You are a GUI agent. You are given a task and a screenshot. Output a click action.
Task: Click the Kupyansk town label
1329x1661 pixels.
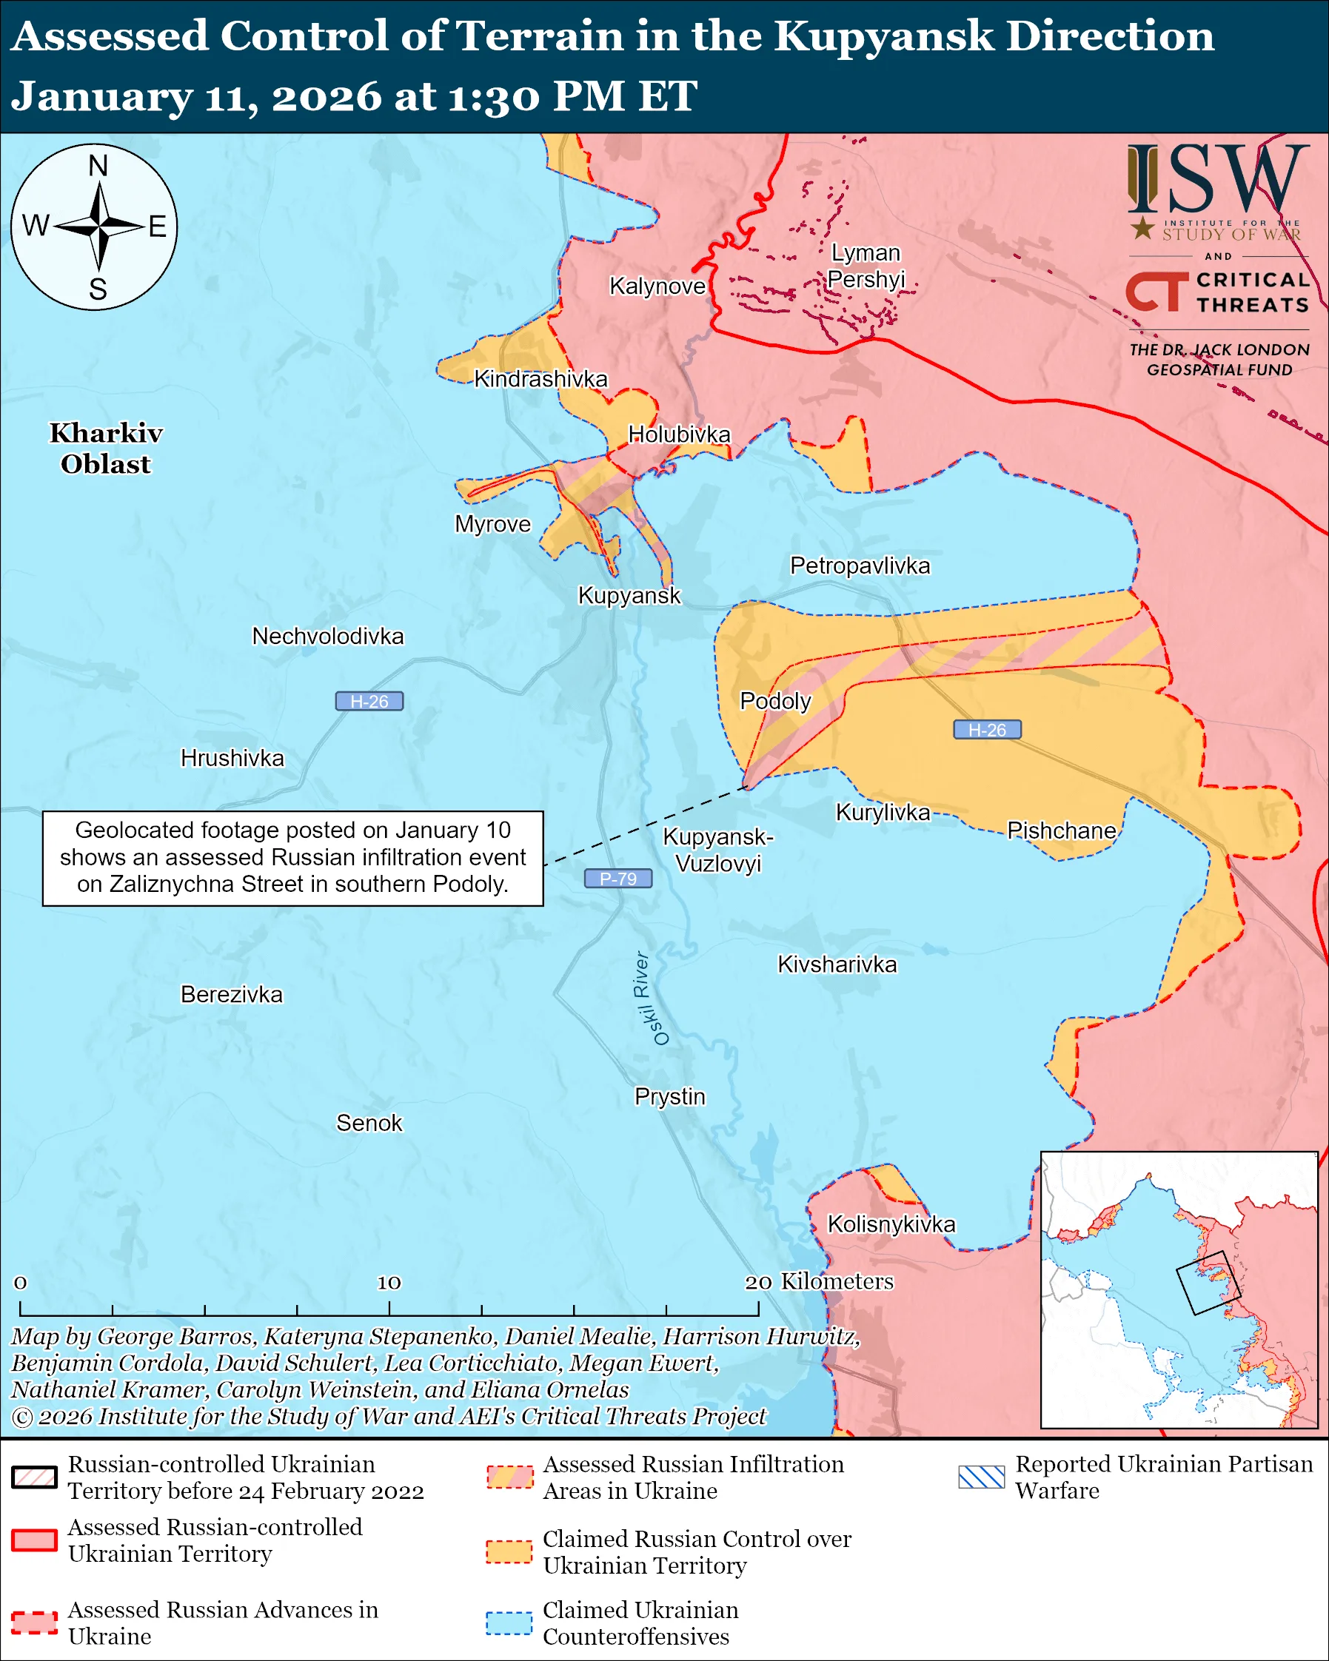tap(629, 596)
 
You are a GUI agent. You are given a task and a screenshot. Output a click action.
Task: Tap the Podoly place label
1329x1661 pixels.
tap(775, 701)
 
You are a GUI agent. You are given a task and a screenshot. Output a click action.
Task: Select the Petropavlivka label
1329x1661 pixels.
tap(860, 566)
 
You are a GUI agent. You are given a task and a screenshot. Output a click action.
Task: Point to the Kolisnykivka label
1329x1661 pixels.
tap(891, 1224)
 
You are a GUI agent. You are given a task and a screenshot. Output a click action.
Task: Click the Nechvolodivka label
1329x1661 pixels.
tap(327, 637)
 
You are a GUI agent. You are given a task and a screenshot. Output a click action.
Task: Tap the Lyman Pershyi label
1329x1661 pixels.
tap(866, 266)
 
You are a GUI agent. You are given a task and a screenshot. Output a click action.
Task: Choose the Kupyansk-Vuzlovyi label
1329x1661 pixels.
tap(718, 850)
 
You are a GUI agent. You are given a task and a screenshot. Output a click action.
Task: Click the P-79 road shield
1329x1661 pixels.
tap(618, 879)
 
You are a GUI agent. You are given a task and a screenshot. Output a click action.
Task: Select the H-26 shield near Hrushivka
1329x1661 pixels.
tap(369, 701)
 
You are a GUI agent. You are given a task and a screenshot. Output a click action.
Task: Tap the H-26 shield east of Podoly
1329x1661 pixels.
tap(987, 730)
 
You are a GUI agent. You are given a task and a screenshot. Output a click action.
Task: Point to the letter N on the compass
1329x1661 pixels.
tap(98, 166)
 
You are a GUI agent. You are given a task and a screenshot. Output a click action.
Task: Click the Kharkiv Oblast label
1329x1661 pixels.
tap(107, 449)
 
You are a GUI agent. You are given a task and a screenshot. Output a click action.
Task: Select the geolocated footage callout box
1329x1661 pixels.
tap(292, 857)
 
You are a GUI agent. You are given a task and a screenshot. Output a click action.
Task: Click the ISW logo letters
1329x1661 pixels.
tap(1217, 180)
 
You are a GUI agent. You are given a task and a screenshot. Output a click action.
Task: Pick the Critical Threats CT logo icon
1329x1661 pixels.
tap(1156, 291)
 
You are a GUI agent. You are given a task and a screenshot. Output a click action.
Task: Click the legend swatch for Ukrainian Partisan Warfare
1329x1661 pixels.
tap(982, 1477)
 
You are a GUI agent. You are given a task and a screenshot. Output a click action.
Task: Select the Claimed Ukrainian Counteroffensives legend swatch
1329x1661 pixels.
tap(509, 1623)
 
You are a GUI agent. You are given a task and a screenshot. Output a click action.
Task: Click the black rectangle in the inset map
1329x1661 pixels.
tap(1208, 1283)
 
